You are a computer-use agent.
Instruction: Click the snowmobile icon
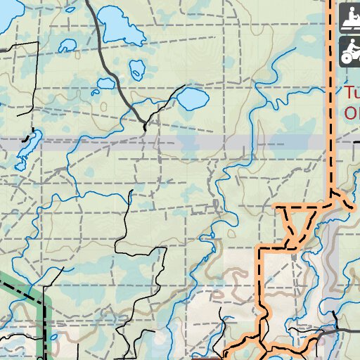[x=349, y=19]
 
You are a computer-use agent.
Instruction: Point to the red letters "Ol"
[x=352, y=112]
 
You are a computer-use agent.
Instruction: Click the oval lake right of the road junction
[x=190, y=100]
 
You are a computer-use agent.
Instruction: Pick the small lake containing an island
[x=136, y=68]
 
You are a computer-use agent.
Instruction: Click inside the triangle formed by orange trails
[x=298, y=224]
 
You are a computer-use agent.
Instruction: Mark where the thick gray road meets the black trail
[x=144, y=124]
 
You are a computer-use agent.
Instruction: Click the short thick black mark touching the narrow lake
[x=27, y=138]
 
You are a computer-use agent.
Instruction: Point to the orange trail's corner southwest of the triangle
[x=259, y=248]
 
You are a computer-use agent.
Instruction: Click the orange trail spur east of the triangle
[x=344, y=203]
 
